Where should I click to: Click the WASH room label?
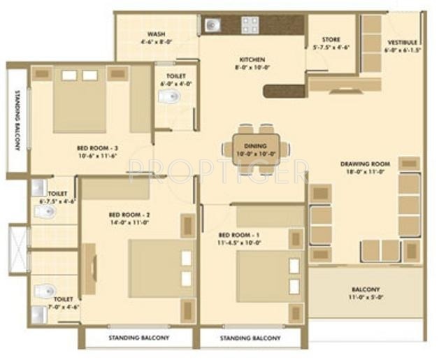click(x=156, y=34)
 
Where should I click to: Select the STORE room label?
click(x=330, y=39)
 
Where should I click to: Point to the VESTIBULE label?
click(x=402, y=42)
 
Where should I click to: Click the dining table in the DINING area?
click(x=250, y=149)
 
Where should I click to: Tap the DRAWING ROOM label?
click(x=366, y=164)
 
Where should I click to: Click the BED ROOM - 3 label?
click(x=97, y=148)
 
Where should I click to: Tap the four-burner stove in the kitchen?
click(x=250, y=25)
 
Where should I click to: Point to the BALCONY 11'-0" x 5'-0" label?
click(x=366, y=289)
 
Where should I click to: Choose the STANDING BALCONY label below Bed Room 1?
click(x=251, y=338)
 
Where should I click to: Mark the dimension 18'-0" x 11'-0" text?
click(x=366, y=171)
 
